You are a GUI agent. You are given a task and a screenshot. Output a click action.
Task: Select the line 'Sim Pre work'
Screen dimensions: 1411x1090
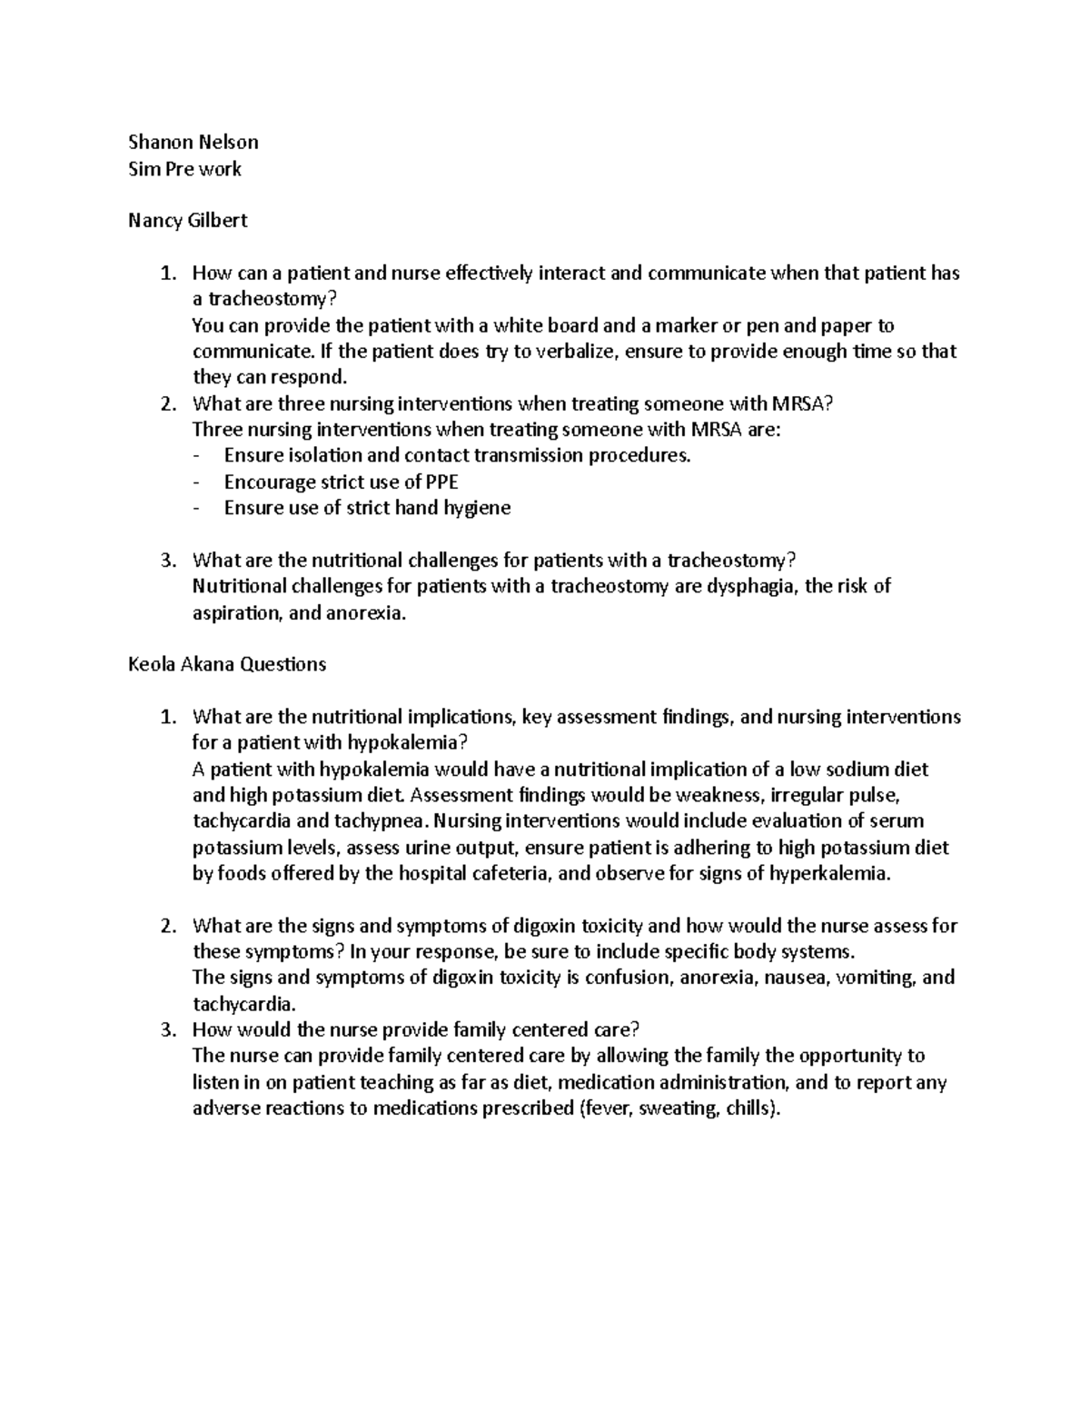click(x=185, y=168)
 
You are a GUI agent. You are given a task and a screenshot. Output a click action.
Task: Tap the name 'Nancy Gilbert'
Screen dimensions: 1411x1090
click(x=188, y=221)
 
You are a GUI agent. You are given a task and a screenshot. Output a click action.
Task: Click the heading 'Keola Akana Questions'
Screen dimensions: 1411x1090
click(x=227, y=664)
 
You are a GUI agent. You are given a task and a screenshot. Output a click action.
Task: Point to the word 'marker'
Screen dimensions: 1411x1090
click(x=686, y=326)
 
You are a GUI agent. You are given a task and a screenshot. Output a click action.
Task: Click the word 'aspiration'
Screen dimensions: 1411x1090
click(x=235, y=613)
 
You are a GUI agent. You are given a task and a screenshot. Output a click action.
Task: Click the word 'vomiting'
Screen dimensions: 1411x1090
click(x=879, y=979)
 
